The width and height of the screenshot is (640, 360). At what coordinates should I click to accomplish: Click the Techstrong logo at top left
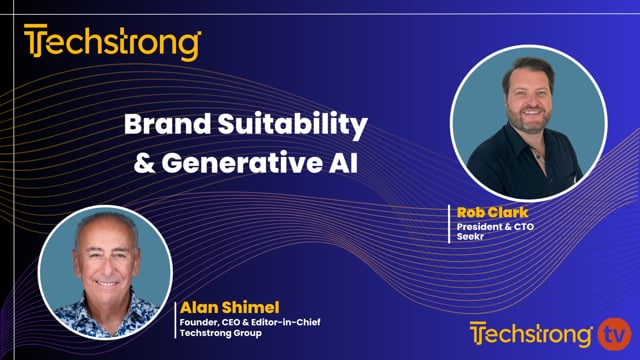(x=112, y=43)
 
